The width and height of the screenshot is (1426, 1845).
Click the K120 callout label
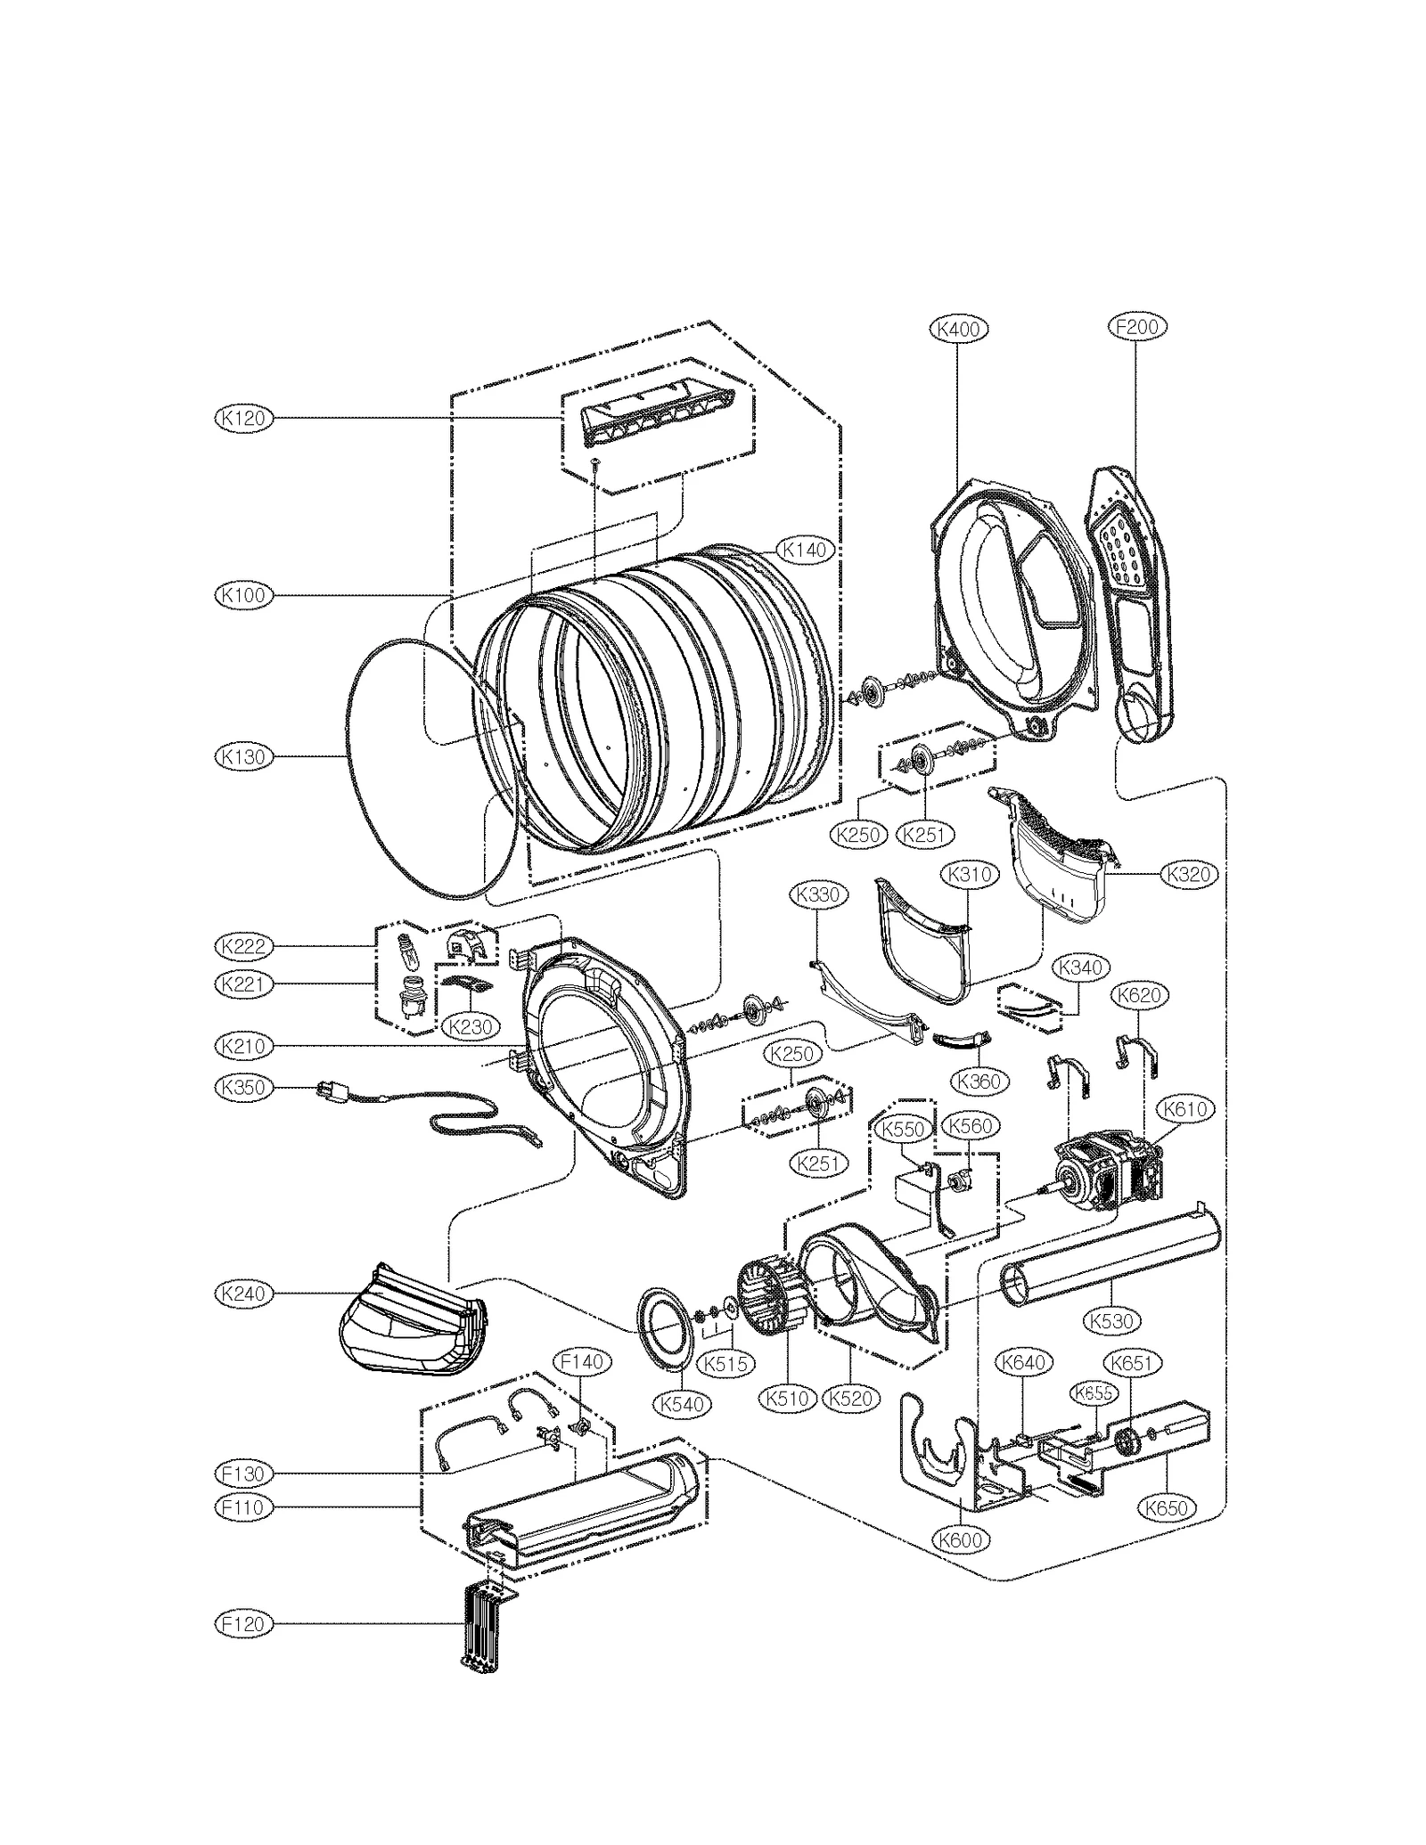[x=243, y=418]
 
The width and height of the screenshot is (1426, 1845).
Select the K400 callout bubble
[x=958, y=329]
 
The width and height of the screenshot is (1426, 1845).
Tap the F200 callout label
[x=1137, y=327]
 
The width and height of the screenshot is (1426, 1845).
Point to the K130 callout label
[x=243, y=756]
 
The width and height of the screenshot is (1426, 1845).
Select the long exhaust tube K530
[x=1110, y=1265]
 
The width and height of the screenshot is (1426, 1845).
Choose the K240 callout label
[x=243, y=1294]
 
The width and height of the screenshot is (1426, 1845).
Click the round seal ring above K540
[x=664, y=1325]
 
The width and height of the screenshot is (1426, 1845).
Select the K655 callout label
[x=1093, y=1393]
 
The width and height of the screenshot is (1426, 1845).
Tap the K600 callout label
[x=961, y=1539]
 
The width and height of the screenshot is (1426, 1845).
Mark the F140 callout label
[x=581, y=1361]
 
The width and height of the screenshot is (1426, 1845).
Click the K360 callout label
[x=979, y=1082]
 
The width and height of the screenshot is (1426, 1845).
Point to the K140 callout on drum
[x=804, y=551]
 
